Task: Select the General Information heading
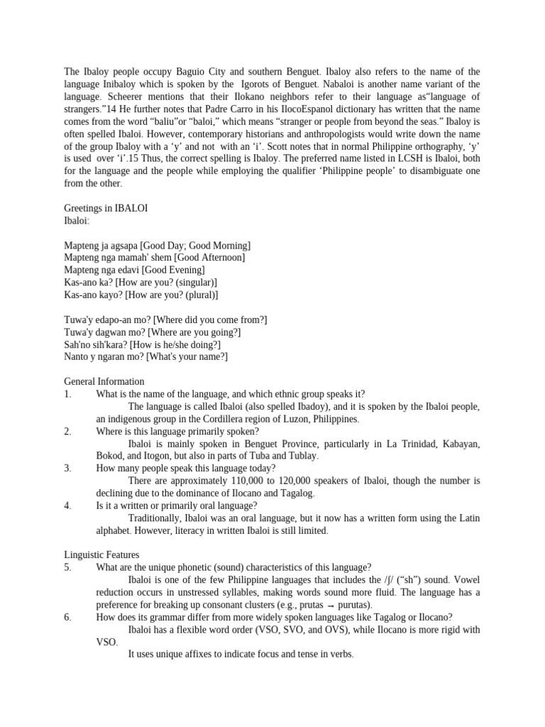tap(104, 381)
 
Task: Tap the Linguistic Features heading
tap(101, 554)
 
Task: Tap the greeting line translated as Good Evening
tap(134, 270)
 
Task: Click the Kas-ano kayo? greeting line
tap(141, 295)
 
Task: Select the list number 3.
tap(67, 468)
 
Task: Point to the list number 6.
tap(67, 617)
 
